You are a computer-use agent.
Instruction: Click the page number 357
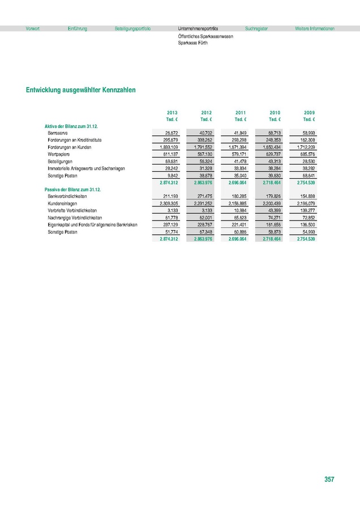[329, 480]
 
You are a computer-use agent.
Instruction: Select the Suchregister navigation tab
[256, 28]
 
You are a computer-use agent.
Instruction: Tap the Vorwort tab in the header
[32, 28]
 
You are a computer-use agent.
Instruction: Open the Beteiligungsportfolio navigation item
[132, 28]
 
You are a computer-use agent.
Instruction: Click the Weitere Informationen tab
[314, 28]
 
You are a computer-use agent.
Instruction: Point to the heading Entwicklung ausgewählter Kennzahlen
[80, 90]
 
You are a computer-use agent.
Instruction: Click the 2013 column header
[173, 113]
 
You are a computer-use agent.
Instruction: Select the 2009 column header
[309, 113]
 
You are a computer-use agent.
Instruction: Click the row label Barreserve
[59, 132]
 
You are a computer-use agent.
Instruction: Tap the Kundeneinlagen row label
[63, 202]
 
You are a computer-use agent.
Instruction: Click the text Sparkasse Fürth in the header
[192, 42]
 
